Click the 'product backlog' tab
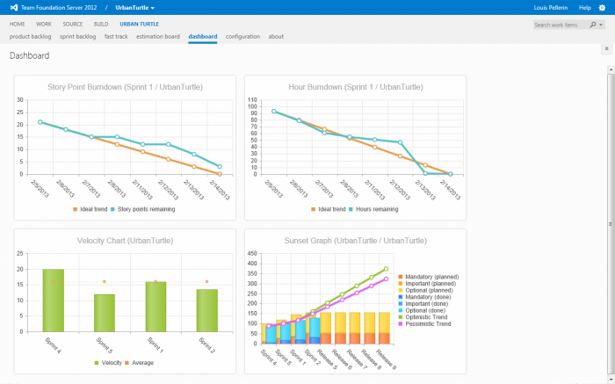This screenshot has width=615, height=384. (x=31, y=37)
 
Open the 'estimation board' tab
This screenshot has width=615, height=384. (x=158, y=37)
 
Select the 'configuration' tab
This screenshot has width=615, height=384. (x=242, y=37)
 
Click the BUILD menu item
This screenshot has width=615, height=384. (x=101, y=24)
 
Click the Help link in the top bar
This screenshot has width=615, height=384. (x=584, y=7)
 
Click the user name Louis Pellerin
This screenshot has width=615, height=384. (x=551, y=7)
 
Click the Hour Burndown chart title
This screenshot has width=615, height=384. (x=355, y=87)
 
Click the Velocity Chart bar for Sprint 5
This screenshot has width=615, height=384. (x=105, y=313)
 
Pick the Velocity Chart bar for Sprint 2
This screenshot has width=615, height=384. (x=207, y=310)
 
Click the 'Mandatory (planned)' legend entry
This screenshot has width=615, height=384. (x=430, y=277)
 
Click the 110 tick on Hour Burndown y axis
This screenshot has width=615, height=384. (x=252, y=99)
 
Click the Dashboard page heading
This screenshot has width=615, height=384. (x=29, y=56)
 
